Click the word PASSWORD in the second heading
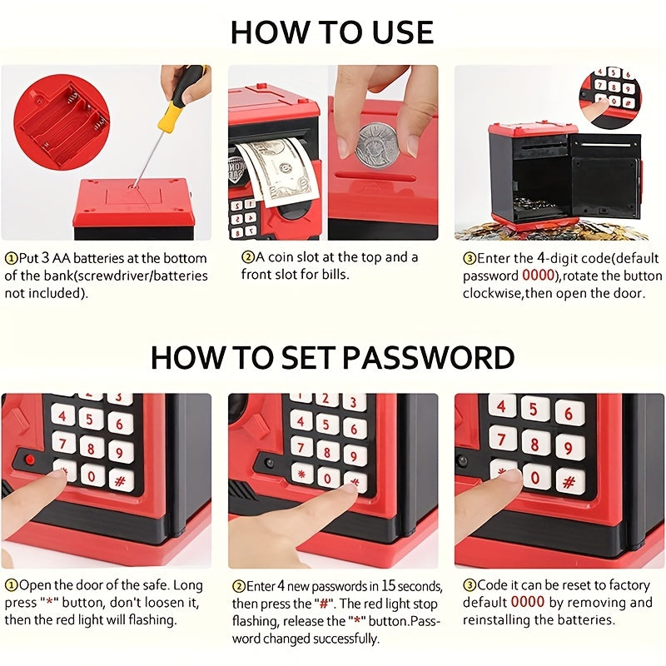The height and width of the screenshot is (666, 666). [428, 358]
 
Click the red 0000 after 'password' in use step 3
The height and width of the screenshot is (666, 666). [538, 276]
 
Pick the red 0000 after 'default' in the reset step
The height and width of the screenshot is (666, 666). [528, 602]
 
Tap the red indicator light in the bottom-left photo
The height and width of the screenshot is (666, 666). [30, 460]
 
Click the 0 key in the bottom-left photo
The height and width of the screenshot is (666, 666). [91, 475]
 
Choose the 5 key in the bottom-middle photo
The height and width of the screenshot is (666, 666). [326, 424]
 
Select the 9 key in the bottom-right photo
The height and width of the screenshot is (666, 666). [569, 447]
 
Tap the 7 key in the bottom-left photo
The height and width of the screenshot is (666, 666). [63, 444]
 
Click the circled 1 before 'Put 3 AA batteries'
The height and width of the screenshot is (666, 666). [11, 258]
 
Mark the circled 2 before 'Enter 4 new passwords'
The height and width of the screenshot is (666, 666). [238, 587]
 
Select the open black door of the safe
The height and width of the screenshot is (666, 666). [605, 174]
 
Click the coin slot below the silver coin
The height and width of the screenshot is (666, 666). [375, 176]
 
